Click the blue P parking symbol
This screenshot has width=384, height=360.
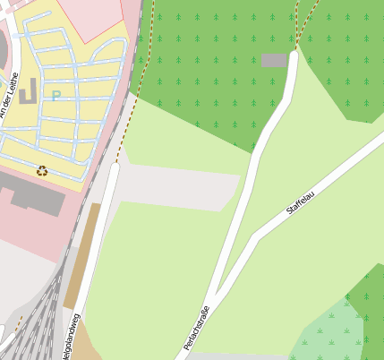55,96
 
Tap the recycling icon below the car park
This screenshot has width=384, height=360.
42,170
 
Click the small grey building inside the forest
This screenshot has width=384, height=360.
274,60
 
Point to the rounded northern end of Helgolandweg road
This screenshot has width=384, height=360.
114,168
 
